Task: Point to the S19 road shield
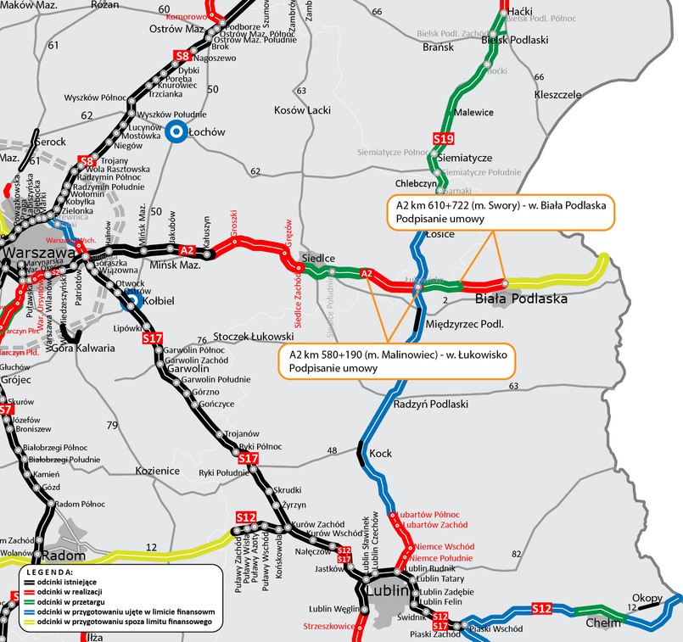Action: pyautogui.click(x=443, y=138)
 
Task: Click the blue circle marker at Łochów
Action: pyautogui.click(x=176, y=131)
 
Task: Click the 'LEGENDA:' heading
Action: pyautogui.click(x=50, y=572)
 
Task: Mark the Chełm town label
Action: pyautogui.click(x=603, y=623)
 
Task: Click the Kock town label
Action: pyautogui.click(x=381, y=454)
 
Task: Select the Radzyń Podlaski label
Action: pyautogui.click(x=431, y=405)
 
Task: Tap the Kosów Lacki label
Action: pyautogui.click(x=302, y=110)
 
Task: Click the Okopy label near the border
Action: pyautogui.click(x=647, y=598)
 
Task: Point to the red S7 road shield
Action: pyautogui.click(x=6, y=410)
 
